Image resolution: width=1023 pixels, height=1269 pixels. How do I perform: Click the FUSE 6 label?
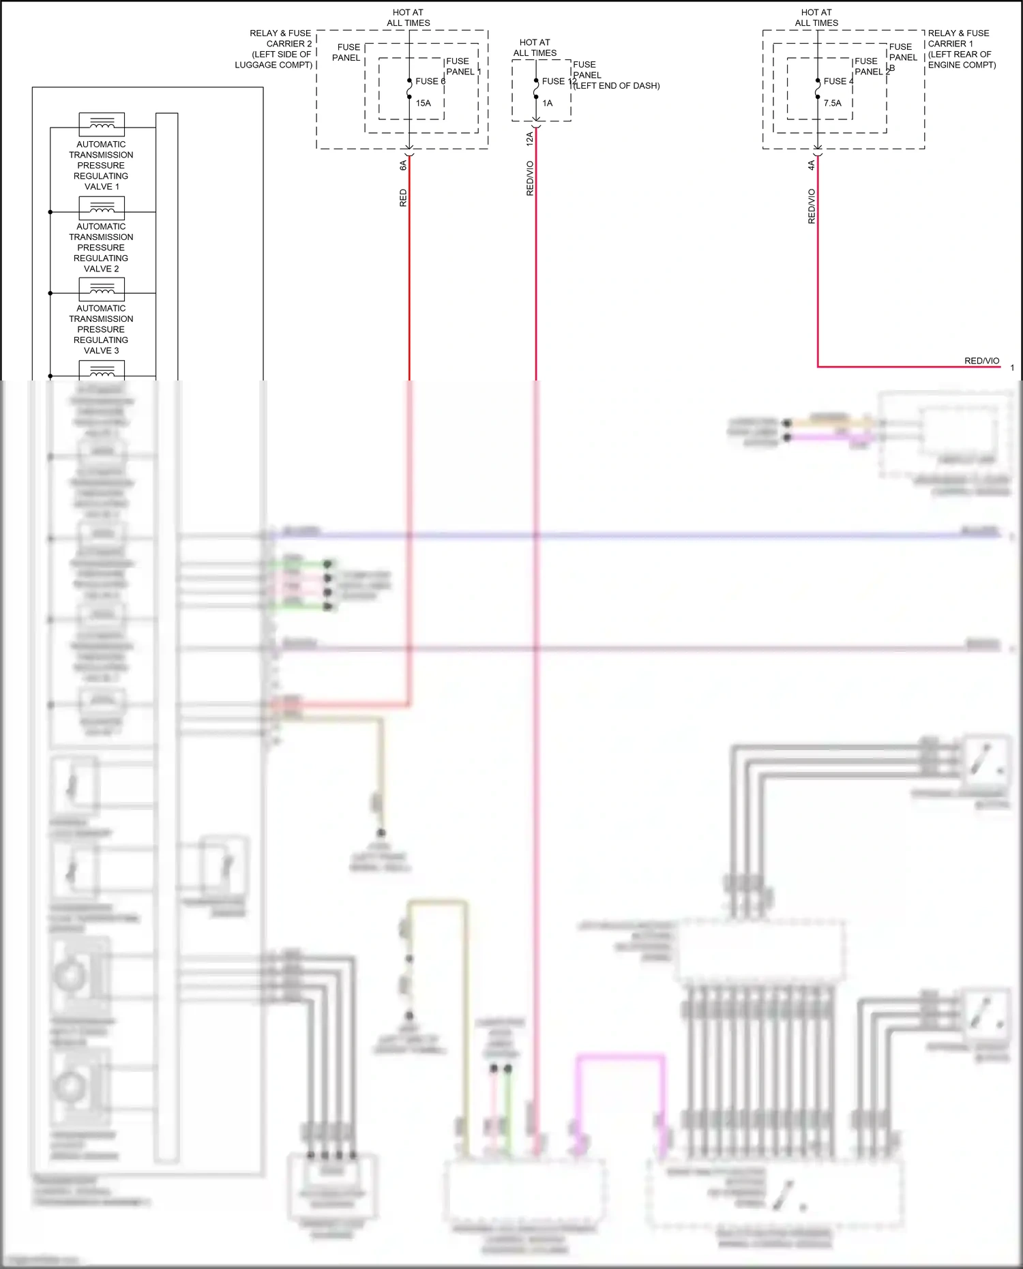(430, 81)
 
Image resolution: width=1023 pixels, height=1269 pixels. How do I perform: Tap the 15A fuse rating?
(424, 103)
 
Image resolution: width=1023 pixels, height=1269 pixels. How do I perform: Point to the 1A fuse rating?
(548, 103)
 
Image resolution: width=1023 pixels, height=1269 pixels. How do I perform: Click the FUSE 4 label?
(838, 81)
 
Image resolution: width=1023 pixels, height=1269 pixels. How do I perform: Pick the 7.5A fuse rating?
(833, 103)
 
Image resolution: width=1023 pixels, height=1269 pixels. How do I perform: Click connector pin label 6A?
(403, 165)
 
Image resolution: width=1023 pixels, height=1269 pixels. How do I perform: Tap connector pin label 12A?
(530, 139)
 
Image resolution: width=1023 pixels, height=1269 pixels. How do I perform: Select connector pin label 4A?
(812, 165)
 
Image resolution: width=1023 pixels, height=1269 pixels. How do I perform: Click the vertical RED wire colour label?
(403, 198)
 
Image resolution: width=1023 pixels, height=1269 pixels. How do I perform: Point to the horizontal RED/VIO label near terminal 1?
(981, 361)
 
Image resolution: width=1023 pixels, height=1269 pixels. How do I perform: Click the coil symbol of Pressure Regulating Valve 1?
(102, 124)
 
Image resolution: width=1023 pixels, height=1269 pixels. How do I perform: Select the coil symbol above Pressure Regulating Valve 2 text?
(102, 207)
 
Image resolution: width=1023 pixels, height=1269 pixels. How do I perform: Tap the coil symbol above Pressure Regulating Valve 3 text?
(102, 289)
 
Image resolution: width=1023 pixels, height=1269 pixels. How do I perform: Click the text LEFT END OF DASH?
(617, 86)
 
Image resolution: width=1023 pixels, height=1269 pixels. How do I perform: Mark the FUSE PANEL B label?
(903, 57)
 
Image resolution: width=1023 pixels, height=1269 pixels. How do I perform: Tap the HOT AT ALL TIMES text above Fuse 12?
(535, 48)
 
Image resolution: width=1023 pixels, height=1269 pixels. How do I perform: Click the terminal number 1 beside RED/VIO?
(1012, 368)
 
